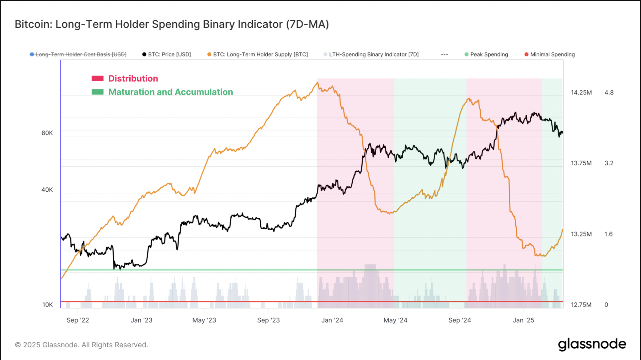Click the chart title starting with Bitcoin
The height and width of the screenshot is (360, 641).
coord(172,24)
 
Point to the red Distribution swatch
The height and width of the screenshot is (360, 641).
coord(97,79)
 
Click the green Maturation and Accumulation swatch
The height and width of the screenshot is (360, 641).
coord(97,92)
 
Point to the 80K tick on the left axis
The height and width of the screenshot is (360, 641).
coord(47,133)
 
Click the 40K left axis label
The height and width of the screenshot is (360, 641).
coord(47,190)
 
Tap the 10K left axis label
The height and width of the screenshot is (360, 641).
coord(48,305)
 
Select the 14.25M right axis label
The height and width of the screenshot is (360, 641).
coord(581,92)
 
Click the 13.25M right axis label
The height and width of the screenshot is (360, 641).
coord(581,234)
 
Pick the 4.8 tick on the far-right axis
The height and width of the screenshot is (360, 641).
coord(609,92)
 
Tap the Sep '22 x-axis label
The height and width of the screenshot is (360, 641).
coord(78,320)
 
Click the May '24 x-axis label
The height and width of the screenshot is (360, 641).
coord(395,320)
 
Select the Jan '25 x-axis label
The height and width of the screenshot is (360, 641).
coord(523,320)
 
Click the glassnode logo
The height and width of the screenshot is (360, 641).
coord(592,344)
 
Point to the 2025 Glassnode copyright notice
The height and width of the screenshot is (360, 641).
coord(81,345)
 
